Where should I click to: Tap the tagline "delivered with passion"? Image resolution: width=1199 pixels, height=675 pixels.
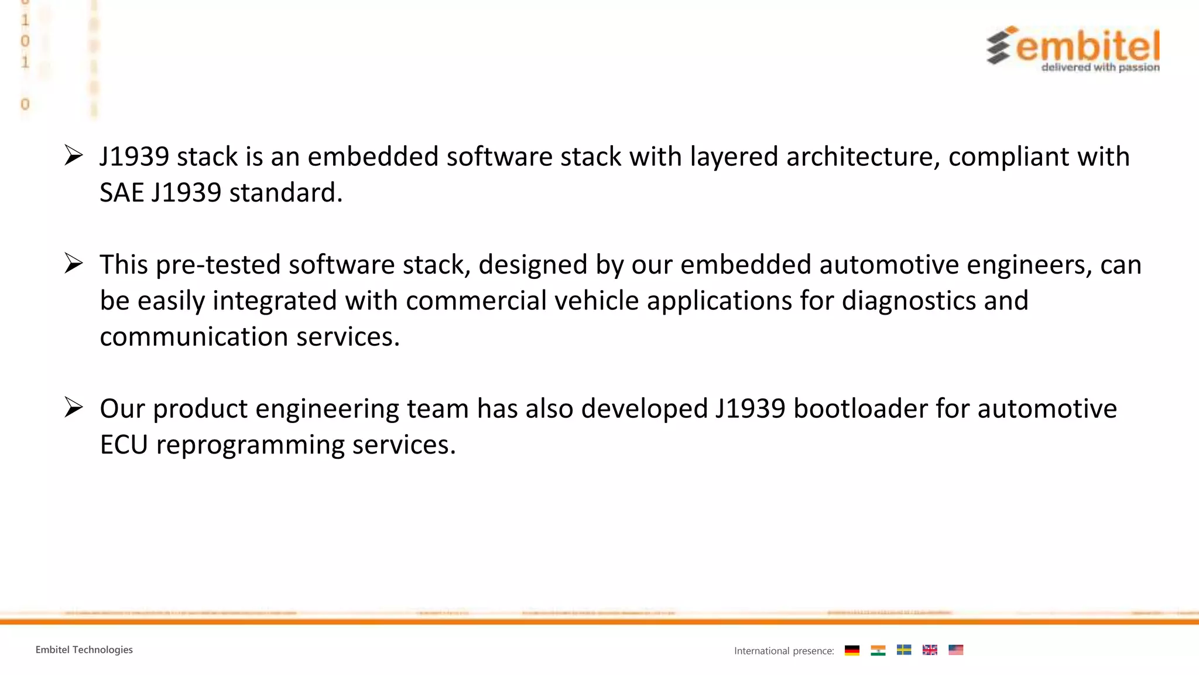1100,67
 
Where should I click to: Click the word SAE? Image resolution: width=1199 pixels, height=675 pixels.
121,193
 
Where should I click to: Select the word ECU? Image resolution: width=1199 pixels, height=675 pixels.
124,445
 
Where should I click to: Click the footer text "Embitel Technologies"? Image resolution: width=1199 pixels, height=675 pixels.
84,650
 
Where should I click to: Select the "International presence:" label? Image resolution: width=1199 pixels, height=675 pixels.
784,651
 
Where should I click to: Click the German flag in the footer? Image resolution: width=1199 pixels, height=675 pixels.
852,650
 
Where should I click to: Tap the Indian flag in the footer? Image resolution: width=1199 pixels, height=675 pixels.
878,650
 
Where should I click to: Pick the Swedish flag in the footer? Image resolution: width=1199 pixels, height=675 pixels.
904,650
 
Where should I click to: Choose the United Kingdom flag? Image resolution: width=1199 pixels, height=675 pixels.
930,650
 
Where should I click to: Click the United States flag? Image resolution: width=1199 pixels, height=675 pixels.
955,650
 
